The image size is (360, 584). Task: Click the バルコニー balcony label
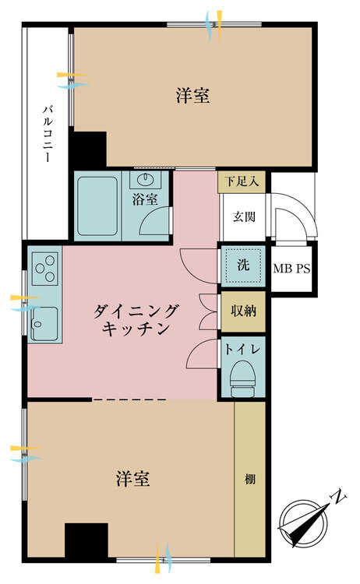point(47,134)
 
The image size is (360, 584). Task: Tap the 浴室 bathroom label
point(145,199)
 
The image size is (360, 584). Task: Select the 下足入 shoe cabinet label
point(242,181)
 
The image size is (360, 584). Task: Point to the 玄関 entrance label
point(244,216)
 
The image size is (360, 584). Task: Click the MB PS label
point(291,269)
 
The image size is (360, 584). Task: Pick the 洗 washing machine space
point(243,266)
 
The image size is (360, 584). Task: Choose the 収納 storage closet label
point(243,311)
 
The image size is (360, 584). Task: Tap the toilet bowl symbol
point(243,378)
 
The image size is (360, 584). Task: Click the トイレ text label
point(242,350)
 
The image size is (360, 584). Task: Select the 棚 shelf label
point(249,479)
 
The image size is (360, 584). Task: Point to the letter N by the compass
point(338,498)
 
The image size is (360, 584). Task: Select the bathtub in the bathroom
point(98,206)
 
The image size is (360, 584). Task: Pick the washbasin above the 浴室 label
point(145,180)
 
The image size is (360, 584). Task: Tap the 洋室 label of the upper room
point(192,96)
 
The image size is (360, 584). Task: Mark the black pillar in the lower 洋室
point(86,540)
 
